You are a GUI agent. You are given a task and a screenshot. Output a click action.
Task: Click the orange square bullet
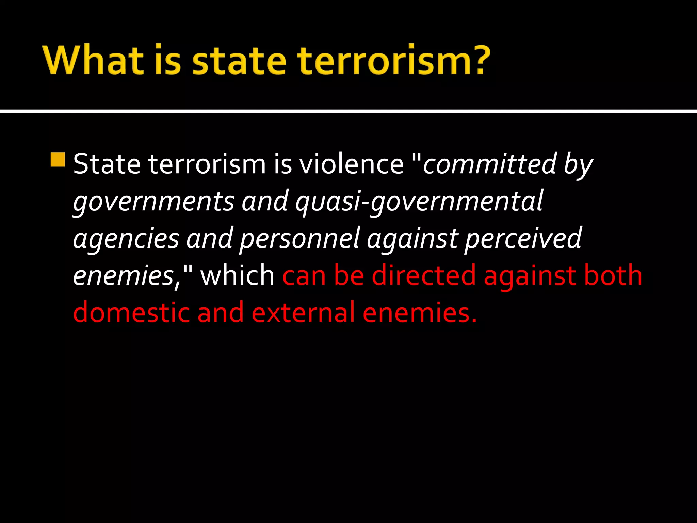coord(58,159)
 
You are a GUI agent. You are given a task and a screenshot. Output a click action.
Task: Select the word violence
coord(351,164)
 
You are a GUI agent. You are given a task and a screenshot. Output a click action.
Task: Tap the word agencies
coord(126,238)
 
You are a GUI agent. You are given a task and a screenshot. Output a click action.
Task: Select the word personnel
coord(299,239)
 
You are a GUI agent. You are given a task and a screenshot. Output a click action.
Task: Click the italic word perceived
coord(523,239)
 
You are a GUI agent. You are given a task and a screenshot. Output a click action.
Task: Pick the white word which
coord(237,275)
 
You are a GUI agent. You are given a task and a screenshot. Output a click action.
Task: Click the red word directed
coord(424,275)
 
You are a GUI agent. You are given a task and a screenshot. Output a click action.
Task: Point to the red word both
coord(613,275)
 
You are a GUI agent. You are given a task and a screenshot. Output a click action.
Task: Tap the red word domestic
coord(131,312)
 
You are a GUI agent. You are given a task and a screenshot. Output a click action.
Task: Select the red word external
coord(303,312)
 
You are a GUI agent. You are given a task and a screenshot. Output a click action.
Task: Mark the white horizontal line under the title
coord(348,111)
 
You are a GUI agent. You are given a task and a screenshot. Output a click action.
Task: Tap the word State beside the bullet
coord(107,164)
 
